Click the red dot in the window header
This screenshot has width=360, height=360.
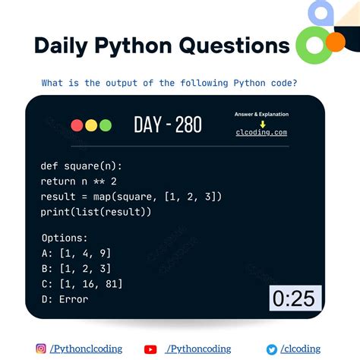pyautogui.click(x=77, y=126)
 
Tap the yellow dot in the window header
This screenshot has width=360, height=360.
pyautogui.click(x=90, y=126)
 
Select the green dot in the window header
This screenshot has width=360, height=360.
pyautogui.click(x=105, y=126)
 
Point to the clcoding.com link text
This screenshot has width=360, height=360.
pyautogui.click(x=261, y=132)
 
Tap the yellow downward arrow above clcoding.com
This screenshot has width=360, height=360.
pyautogui.click(x=261, y=123)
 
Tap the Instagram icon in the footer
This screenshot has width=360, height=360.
pyautogui.click(x=41, y=349)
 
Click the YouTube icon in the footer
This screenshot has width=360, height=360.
pyautogui.click(x=150, y=349)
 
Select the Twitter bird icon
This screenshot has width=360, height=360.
pyautogui.click(x=271, y=349)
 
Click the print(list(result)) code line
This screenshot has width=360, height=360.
pyautogui.click(x=96, y=212)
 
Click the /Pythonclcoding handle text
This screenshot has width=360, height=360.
pyautogui.click(x=86, y=349)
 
